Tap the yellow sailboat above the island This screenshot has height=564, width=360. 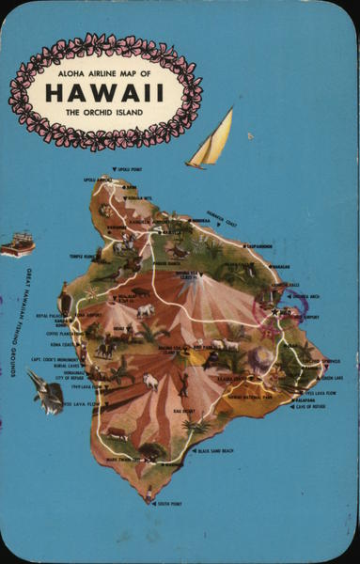tap(211, 141)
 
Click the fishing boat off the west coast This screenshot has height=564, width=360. tap(17, 245)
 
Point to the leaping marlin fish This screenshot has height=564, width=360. tap(44, 392)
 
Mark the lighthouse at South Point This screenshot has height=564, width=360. tap(149, 493)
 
